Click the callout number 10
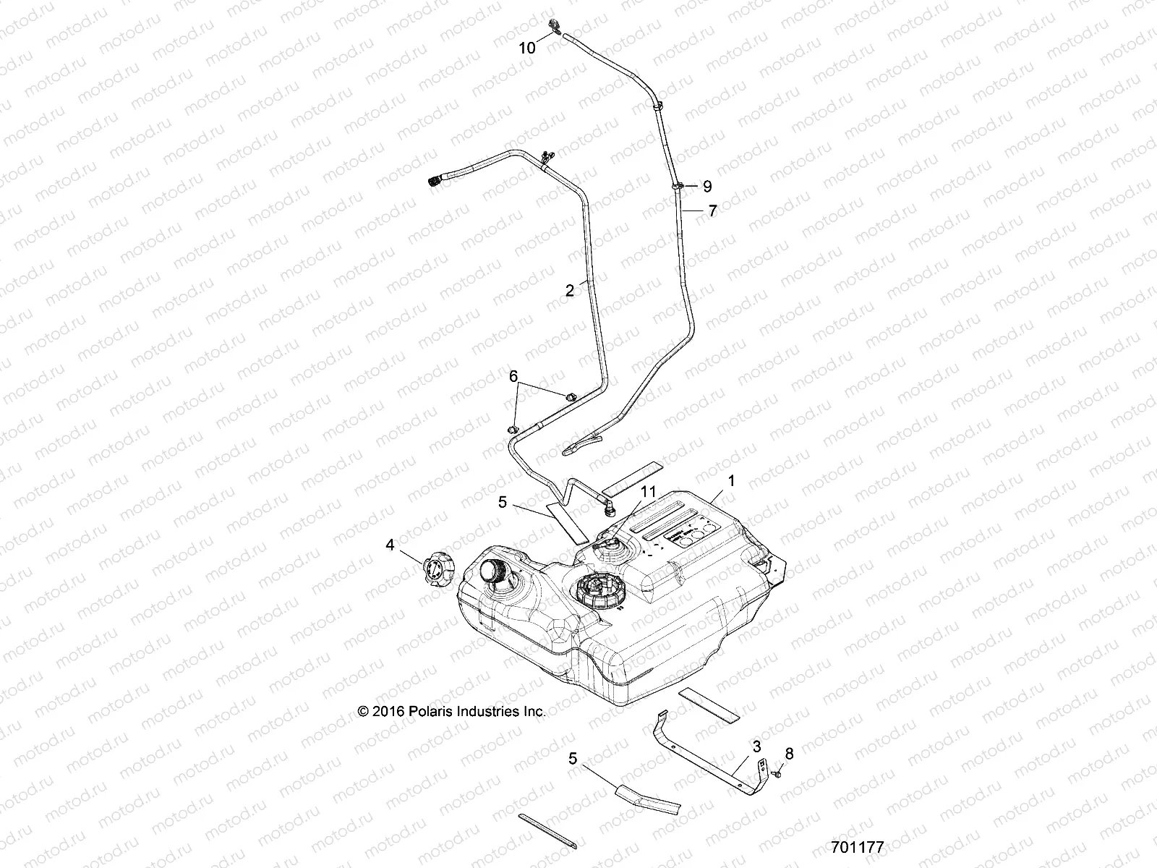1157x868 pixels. [x=527, y=48]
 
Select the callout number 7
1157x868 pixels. [x=712, y=211]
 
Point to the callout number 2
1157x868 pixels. [x=570, y=291]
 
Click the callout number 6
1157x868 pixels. [x=513, y=376]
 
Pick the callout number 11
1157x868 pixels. [x=649, y=491]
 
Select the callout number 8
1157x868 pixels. [x=789, y=754]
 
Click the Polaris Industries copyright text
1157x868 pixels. [x=452, y=712]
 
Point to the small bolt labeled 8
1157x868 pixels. [x=776, y=773]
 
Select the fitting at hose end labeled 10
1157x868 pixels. [x=555, y=27]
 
